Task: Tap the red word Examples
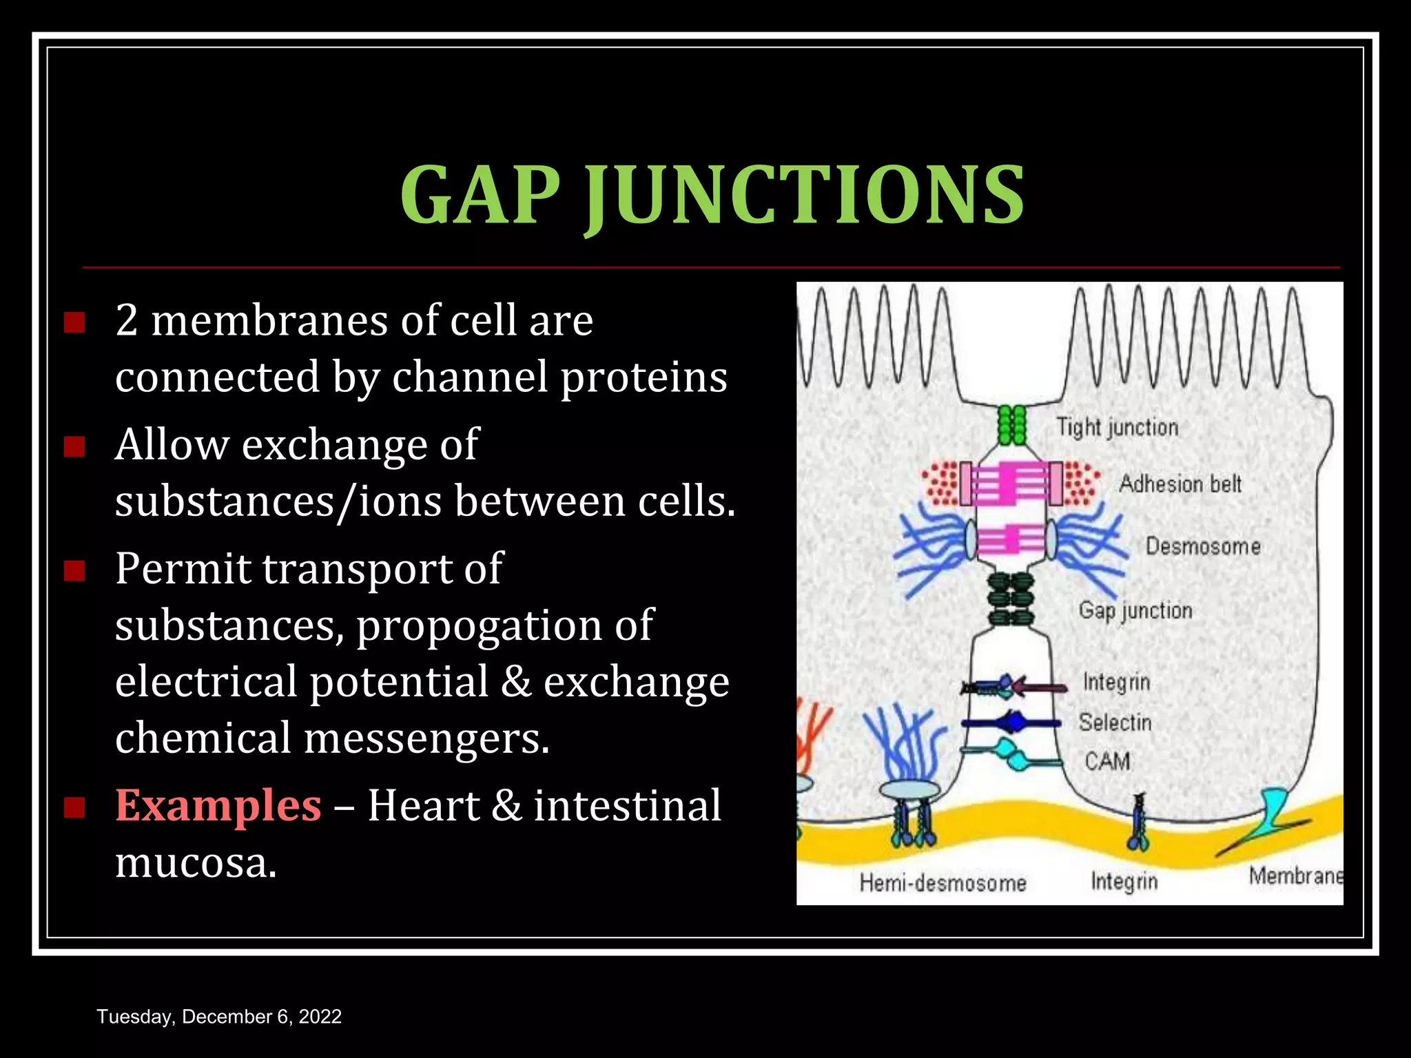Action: click(x=218, y=805)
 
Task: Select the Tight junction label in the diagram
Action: click(x=1118, y=428)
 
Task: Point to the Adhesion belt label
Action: click(x=1180, y=484)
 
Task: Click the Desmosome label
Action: click(x=1203, y=547)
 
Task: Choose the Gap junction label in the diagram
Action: click(x=1135, y=610)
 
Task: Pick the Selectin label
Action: click(x=1115, y=723)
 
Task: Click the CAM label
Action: click(x=1107, y=761)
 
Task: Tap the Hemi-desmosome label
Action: click(x=943, y=883)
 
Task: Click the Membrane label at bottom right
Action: click(x=1295, y=876)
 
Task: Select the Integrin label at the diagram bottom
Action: click(x=1124, y=882)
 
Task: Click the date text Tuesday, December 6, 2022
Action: click(x=219, y=1017)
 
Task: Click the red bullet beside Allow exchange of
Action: click(x=74, y=446)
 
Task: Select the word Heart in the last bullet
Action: click(x=423, y=805)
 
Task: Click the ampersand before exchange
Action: click(x=516, y=682)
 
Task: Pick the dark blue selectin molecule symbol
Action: click(x=1011, y=723)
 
